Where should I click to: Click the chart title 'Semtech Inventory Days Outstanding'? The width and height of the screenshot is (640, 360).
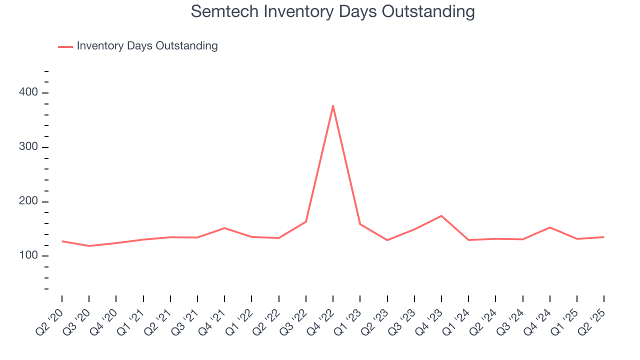[x=332, y=11]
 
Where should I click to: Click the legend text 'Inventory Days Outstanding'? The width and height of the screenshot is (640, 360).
[x=147, y=46]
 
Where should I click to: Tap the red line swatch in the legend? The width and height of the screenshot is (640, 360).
[x=65, y=46]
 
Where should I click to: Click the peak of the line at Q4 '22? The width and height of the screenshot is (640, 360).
[x=333, y=105]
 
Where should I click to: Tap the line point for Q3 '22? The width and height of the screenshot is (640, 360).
[x=306, y=221]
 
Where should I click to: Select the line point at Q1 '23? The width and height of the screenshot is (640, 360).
[x=360, y=224]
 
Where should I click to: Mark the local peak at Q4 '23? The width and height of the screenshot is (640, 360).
[x=441, y=216]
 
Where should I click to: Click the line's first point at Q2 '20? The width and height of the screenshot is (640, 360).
[x=62, y=241]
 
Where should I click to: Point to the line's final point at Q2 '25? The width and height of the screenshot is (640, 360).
[x=603, y=237]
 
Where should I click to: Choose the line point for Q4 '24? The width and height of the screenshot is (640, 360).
[x=550, y=227]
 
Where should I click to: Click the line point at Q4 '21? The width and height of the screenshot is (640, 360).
[x=224, y=228]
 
